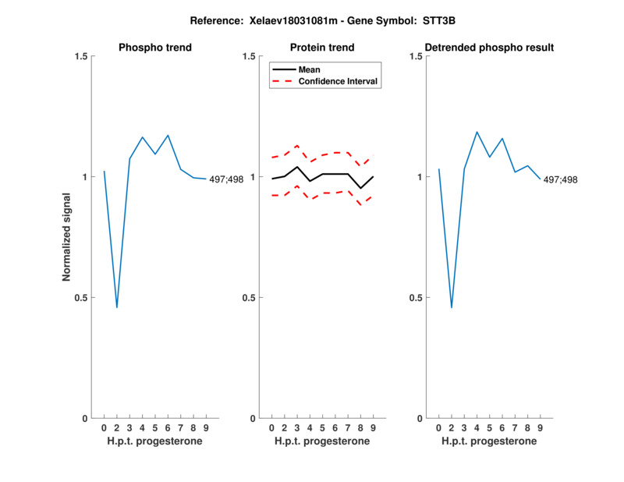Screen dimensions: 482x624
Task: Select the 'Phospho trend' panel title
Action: (x=154, y=48)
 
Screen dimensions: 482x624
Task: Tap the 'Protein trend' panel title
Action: (x=322, y=48)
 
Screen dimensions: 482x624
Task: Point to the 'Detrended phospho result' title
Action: (x=489, y=48)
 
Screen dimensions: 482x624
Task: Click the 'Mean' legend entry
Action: (x=310, y=69)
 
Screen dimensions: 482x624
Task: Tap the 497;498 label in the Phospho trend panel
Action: (x=226, y=179)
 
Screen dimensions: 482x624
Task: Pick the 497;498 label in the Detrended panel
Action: (x=561, y=179)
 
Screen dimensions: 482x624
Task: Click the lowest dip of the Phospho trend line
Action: (x=117, y=307)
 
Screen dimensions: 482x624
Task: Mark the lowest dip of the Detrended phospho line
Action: (x=452, y=307)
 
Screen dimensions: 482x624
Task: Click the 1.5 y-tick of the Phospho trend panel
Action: (x=81, y=56)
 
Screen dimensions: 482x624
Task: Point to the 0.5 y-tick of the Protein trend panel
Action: (x=249, y=297)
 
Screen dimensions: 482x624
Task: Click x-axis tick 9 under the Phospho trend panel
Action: (x=206, y=428)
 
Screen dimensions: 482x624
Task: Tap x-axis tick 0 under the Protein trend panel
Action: (x=271, y=428)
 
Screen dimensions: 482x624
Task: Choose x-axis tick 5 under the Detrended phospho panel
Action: (x=490, y=428)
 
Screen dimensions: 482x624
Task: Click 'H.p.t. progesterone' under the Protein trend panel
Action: (x=322, y=441)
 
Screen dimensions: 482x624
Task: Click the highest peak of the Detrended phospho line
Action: (x=477, y=132)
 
